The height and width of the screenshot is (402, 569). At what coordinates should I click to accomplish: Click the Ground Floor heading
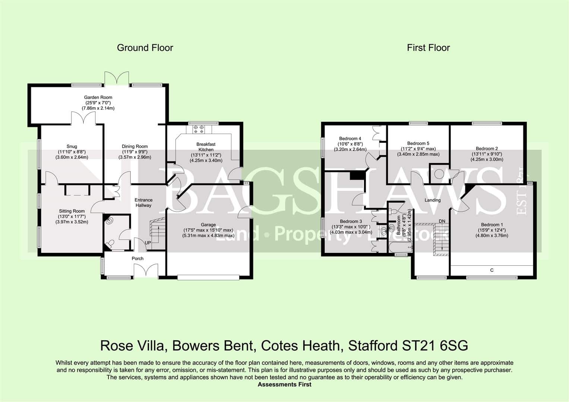click(145, 48)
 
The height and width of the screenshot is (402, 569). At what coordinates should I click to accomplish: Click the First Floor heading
click(428, 48)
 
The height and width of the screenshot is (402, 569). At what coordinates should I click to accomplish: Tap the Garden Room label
click(98, 97)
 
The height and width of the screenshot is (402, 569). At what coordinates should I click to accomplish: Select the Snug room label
click(72, 146)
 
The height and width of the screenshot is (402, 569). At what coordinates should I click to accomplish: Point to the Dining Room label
click(135, 146)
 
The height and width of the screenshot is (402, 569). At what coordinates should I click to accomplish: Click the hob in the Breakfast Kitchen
click(199, 129)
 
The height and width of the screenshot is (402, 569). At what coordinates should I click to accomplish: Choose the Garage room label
click(208, 224)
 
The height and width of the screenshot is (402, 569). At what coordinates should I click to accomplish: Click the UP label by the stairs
click(148, 243)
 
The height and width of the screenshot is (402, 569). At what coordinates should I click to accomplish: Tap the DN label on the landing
click(442, 221)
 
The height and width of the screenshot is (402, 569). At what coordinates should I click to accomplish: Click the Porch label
click(137, 258)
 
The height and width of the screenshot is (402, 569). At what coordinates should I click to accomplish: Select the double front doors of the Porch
click(146, 270)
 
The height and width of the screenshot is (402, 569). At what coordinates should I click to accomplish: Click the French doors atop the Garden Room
click(117, 78)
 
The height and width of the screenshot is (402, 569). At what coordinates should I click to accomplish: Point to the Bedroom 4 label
click(350, 138)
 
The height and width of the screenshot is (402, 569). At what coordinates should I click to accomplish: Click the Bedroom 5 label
click(418, 143)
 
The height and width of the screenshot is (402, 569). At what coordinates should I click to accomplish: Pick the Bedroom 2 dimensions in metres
click(487, 159)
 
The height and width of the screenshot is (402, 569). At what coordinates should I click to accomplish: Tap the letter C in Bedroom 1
click(492, 270)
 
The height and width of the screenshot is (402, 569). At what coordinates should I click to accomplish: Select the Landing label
click(433, 200)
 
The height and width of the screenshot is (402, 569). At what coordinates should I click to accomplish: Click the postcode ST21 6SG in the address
click(435, 346)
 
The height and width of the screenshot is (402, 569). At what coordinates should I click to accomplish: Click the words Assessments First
click(285, 385)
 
